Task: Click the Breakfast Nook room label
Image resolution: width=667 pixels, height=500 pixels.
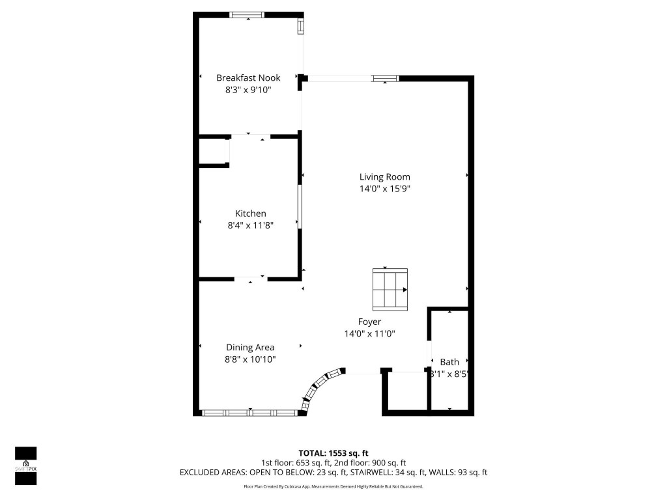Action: pyautogui.click(x=248, y=78)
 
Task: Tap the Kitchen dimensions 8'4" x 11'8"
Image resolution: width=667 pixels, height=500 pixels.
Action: pyautogui.click(x=250, y=226)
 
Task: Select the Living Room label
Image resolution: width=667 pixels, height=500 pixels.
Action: pyautogui.click(x=385, y=176)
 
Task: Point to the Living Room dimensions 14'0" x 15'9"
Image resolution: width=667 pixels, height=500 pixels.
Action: pyautogui.click(x=385, y=189)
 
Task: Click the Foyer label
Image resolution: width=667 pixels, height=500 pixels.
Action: pyautogui.click(x=369, y=322)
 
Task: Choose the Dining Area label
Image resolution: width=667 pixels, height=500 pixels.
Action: pyautogui.click(x=250, y=347)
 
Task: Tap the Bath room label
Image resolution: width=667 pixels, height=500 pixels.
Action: pyautogui.click(x=449, y=362)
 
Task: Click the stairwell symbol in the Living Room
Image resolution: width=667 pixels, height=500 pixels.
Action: pyautogui.click(x=390, y=289)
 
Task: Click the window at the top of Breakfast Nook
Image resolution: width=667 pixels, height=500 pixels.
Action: pyautogui.click(x=248, y=15)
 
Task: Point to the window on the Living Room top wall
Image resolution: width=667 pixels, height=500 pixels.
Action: pyautogui.click(x=385, y=78)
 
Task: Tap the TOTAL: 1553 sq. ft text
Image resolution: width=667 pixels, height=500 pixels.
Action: pyautogui.click(x=333, y=453)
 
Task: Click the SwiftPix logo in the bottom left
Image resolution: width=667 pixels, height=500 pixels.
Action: pyautogui.click(x=26, y=465)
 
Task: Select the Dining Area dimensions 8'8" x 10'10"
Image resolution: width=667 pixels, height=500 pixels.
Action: pyautogui.click(x=250, y=359)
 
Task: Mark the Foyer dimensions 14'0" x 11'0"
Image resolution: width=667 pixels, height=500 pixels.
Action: pyautogui.click(x=369, y=334)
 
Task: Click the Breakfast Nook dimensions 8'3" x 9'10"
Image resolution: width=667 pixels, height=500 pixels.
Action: pyautogui.click(x=248, y=90)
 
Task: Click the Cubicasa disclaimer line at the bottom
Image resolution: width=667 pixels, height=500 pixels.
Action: pyautogui.click(x=333, y=486)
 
